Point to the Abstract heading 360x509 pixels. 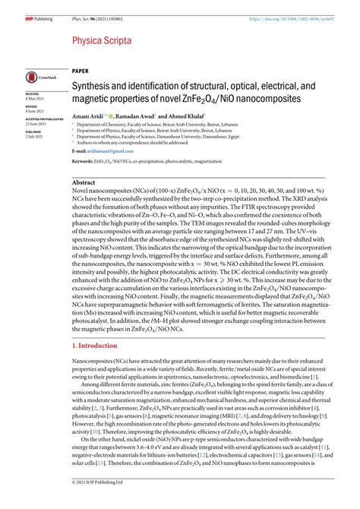pyautogui.click(x=84, y=183)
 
